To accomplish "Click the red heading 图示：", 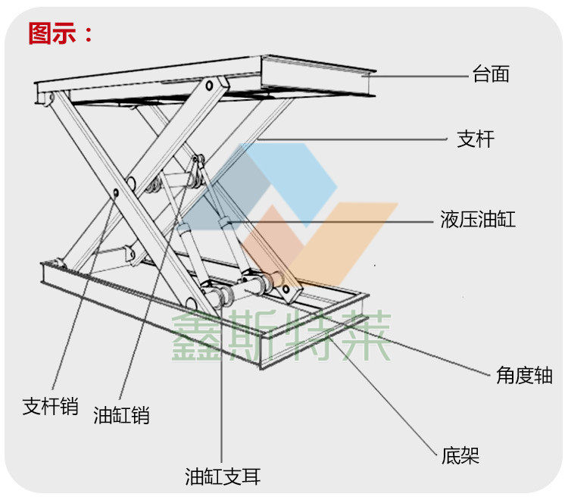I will point(61,33).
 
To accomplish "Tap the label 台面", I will point(490,74).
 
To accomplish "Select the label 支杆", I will point(476,139).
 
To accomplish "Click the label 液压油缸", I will point(477,220).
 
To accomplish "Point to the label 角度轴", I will point(525,375).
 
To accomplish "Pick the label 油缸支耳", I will point(223,476).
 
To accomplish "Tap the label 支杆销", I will point(50,406).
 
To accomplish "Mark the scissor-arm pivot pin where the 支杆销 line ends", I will point(116,192).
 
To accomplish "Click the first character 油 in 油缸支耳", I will point(195,476).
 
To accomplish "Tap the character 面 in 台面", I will point(500,74).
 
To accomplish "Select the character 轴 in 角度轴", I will point(544,375).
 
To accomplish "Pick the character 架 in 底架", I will point(470,455).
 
